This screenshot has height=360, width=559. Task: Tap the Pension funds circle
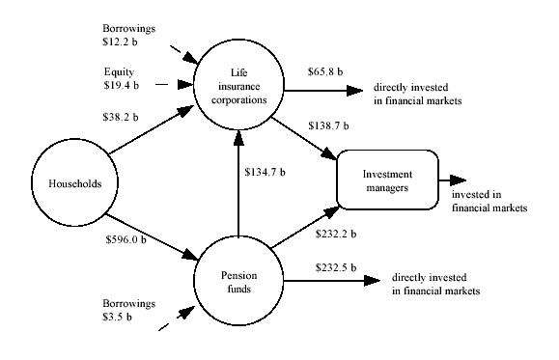click(x=235, y=278)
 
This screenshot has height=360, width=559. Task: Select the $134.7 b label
click(x=266, y=174)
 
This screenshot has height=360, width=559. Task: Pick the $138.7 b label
click(x=329, y=126)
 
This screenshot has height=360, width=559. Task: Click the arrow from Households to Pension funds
click(x=151, y=229)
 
